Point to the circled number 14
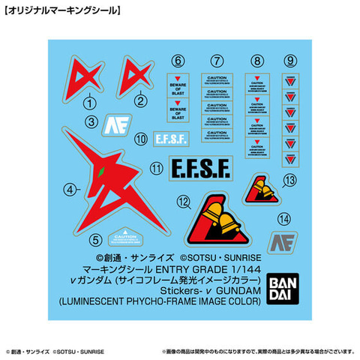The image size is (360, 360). click(282, 219)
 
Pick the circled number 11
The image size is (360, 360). click(156, 169)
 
